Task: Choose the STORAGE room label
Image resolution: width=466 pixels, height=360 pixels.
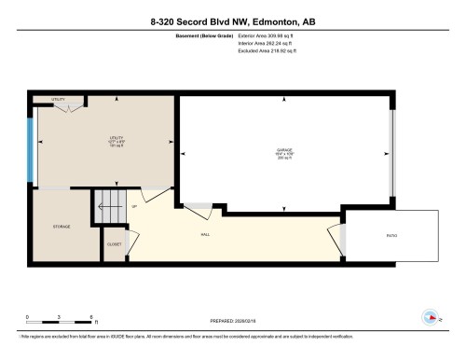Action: click(x=62, y=226)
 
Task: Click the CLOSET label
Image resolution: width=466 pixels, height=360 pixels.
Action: click(x=114, y=244)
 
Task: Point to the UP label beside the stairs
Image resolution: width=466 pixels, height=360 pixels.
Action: click(x=134, y=206)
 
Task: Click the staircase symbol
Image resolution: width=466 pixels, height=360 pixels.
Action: click(x=109, y=206)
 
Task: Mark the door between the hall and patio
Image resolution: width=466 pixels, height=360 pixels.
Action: click(x=339, y=240)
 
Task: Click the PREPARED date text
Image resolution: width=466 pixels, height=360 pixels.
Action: click(x=233, y=318)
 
